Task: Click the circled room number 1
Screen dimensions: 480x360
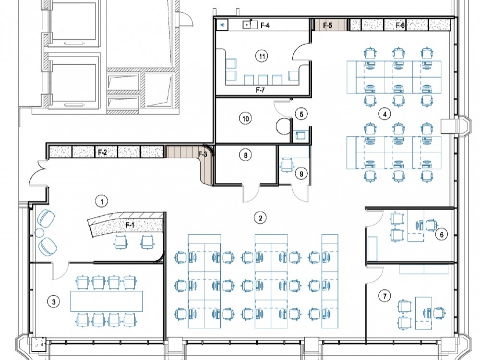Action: [x=102, y=202]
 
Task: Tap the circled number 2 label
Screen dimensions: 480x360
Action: [x=260, y=218]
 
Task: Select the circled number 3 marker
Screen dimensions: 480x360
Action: [x=54, y=302]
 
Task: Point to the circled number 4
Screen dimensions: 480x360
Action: [x=385, y=114]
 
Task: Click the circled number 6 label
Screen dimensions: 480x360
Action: [x=442, y=235]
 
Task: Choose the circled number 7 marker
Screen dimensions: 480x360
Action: [x=385, y=296]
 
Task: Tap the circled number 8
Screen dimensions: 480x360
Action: [x=245, y=155]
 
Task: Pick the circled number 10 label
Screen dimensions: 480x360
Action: [x=245, y=119]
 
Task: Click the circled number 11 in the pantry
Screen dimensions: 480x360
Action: [x=262, y=56]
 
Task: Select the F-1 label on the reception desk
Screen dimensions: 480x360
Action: [x=130, y=225]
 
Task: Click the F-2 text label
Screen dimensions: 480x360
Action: [x=103, y=152]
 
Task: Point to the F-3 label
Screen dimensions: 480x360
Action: [x=203, y=154]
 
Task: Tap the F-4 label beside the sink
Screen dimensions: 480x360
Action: [x=265, y=25]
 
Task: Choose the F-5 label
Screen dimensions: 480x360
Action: [x=327, y=25]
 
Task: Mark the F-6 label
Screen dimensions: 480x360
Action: [x=400, y=25]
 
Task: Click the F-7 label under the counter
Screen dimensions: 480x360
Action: [x=260, y=90]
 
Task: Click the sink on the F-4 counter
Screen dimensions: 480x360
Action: [x=250, y=24]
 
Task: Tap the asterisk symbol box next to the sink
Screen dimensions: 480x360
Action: [x=223, y=25]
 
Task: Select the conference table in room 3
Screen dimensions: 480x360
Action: [x=107, y=301]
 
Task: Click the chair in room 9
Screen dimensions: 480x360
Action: [x=287, y=165]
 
